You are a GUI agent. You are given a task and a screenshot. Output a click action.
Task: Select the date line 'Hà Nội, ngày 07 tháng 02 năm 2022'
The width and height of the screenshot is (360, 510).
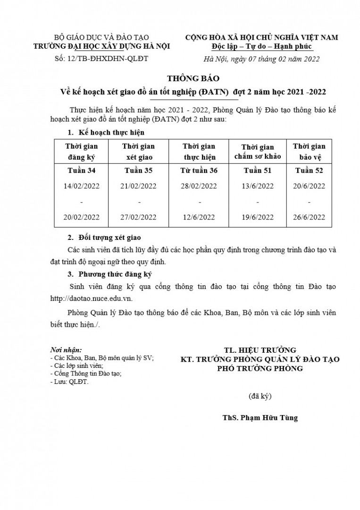tap(261, 59)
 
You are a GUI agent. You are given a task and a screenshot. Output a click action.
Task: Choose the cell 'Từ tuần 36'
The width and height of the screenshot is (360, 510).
tap(199, 170)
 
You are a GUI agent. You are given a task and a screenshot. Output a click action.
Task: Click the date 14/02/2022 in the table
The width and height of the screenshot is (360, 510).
tap(81, 186)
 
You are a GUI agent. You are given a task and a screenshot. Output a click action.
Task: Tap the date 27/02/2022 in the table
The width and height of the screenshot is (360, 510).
tap(138, 217)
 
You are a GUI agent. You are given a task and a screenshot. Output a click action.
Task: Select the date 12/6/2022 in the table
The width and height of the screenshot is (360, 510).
tap(200, 217)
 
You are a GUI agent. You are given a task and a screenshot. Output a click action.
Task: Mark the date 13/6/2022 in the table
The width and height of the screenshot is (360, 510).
tap(258, 186)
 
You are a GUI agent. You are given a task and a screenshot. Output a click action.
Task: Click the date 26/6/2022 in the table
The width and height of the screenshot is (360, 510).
tap(309, 217)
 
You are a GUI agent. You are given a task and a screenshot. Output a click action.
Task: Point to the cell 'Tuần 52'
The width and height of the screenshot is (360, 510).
tap(309, 170)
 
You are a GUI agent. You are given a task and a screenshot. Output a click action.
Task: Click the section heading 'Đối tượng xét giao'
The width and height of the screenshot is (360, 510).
tap(109, 237)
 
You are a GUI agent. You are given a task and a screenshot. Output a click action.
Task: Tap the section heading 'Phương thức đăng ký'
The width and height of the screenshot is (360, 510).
tap(115, 274)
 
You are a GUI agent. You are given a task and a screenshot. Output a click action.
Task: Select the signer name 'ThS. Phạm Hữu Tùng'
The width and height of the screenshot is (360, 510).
tap(260, 418)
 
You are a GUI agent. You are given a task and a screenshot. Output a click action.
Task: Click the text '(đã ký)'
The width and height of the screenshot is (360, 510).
tap(260, 396)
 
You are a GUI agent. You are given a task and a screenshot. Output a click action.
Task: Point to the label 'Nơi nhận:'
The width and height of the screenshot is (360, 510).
tap(66, 350)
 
